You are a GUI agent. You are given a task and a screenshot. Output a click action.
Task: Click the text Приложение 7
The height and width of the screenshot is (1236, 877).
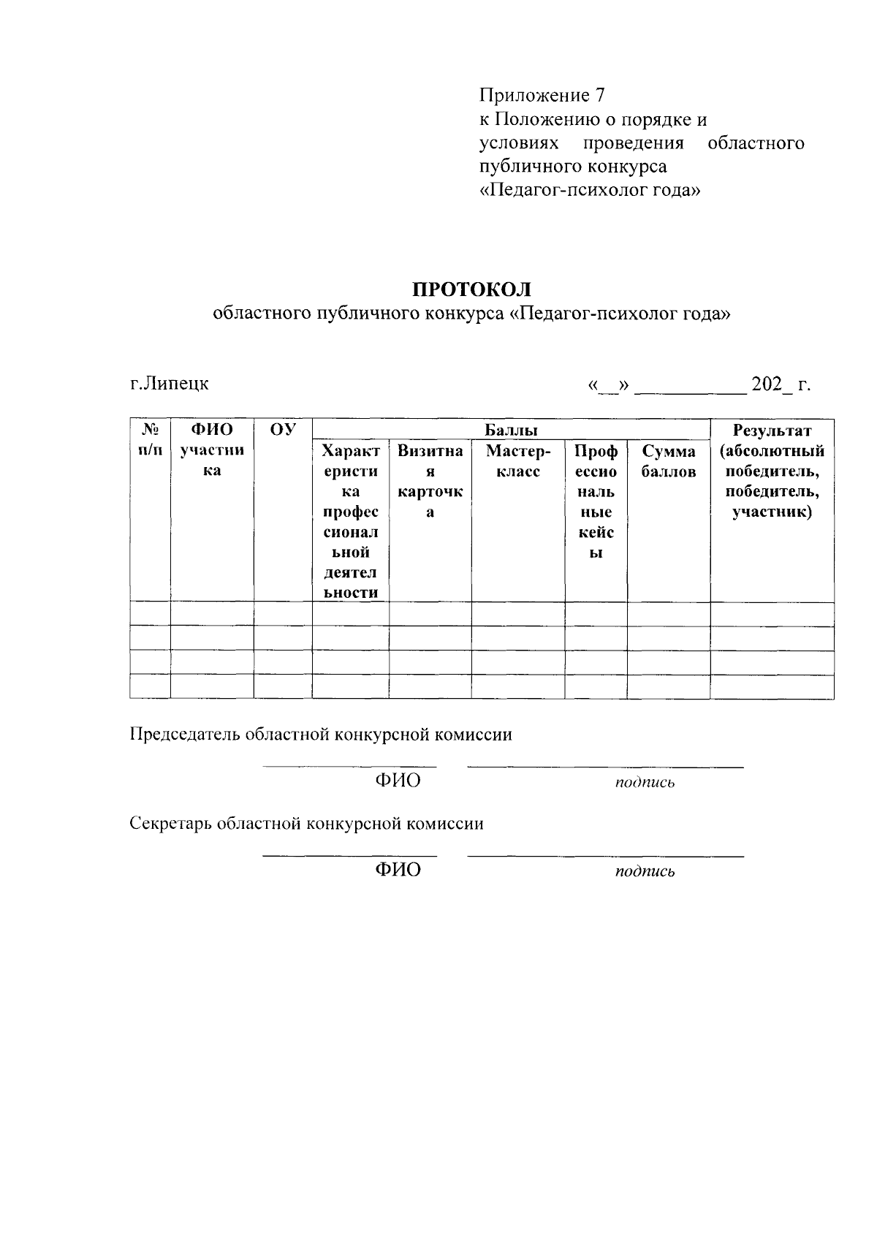coord(542,95)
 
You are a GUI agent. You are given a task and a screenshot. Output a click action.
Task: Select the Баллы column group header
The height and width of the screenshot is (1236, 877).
coord(511,430)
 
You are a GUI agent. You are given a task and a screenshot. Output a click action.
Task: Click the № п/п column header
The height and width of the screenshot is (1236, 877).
coord(150,440)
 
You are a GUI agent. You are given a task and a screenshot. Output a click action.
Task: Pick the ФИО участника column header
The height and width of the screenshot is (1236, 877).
coord(212,450)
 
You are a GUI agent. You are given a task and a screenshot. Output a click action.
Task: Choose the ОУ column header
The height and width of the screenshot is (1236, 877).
coord(282,430)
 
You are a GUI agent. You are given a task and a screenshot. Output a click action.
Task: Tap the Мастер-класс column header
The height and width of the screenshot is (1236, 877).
coord(517,461)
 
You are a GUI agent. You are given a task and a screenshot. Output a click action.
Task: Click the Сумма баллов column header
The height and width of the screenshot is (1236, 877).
coord(669,461)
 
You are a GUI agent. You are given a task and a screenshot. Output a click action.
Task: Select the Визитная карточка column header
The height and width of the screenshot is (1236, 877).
coord(430,481)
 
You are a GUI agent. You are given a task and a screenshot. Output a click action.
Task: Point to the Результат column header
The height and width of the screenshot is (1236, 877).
coord(772,471)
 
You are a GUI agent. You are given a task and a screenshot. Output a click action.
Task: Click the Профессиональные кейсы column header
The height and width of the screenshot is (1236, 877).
coord(596,501)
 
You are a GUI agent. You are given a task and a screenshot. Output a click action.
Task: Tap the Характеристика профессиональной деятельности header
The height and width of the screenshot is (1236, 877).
coord(350,521)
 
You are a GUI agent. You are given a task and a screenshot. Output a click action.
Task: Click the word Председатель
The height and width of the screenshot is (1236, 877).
coord(186,735)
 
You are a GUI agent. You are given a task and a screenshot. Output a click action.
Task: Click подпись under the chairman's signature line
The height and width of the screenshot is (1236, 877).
coord(645,783)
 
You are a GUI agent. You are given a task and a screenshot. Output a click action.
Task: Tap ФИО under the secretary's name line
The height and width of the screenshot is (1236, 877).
coord(398,870)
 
